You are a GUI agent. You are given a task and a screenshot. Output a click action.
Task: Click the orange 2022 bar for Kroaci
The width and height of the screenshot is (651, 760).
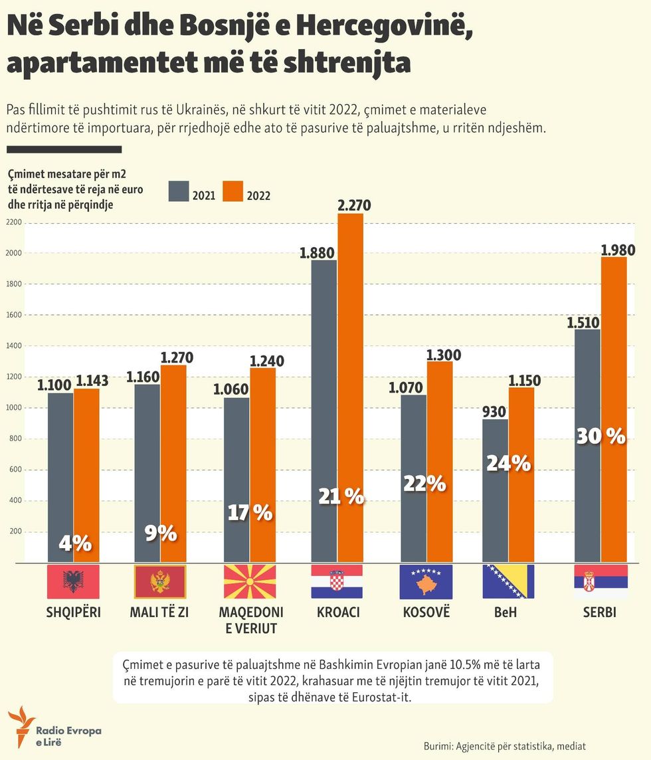(x=351, y=372)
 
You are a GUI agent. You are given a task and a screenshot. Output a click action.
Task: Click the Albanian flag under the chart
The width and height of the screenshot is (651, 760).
(x=74, y=581)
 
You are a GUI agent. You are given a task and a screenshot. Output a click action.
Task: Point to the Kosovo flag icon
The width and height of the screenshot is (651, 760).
(x=426, y=581)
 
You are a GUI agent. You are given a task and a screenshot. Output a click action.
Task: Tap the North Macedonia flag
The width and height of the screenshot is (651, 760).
(x=249, y=581)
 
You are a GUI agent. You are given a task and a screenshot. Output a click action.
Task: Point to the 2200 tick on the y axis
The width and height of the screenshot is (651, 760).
(x=15, y=222)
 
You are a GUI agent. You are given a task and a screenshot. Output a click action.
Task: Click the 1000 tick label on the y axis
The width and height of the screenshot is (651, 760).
(x=15, y=408)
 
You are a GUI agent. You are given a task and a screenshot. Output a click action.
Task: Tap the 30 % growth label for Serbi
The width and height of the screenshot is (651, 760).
(x=601, y=436)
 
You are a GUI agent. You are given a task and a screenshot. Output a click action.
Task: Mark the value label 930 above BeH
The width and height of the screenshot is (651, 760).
(x=494, y=411)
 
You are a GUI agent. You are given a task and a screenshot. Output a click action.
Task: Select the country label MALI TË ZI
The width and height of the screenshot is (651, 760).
(x=160, y=613)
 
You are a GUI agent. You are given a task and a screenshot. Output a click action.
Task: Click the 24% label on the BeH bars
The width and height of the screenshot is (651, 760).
(x=508, y=463)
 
